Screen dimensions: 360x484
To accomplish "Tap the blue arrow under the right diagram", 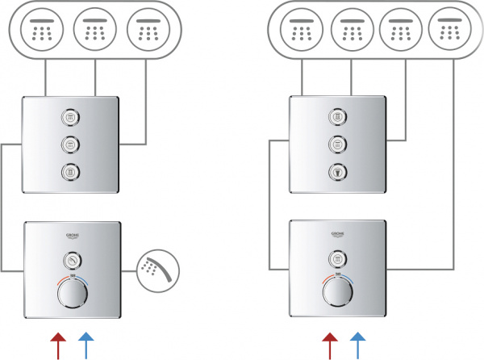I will pyautogui.click(x=355, y=343).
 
